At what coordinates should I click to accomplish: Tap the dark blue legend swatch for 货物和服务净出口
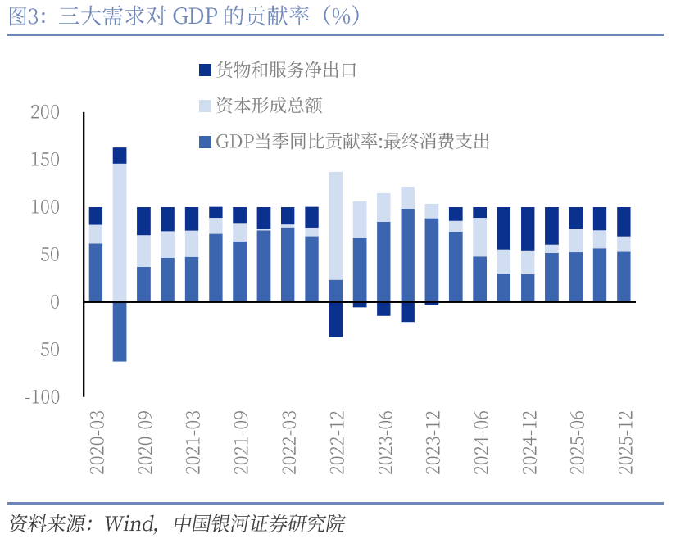[x=205, y=70]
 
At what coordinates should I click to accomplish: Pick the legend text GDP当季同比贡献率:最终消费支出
[x=352, y=142]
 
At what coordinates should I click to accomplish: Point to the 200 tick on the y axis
[x=45, y=112]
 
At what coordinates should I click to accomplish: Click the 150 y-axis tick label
[x=45, y=160]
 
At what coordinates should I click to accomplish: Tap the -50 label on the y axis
[x=45, y=350]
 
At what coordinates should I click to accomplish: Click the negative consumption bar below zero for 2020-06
[x=120, y=332]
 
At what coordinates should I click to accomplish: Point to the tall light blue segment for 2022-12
[x=336, y=225]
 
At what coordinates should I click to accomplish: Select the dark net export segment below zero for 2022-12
[x=336, y=319]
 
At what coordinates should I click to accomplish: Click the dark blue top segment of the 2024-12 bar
[x=529, y=229]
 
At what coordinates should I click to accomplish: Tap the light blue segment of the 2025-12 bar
[x=624, y=244]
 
